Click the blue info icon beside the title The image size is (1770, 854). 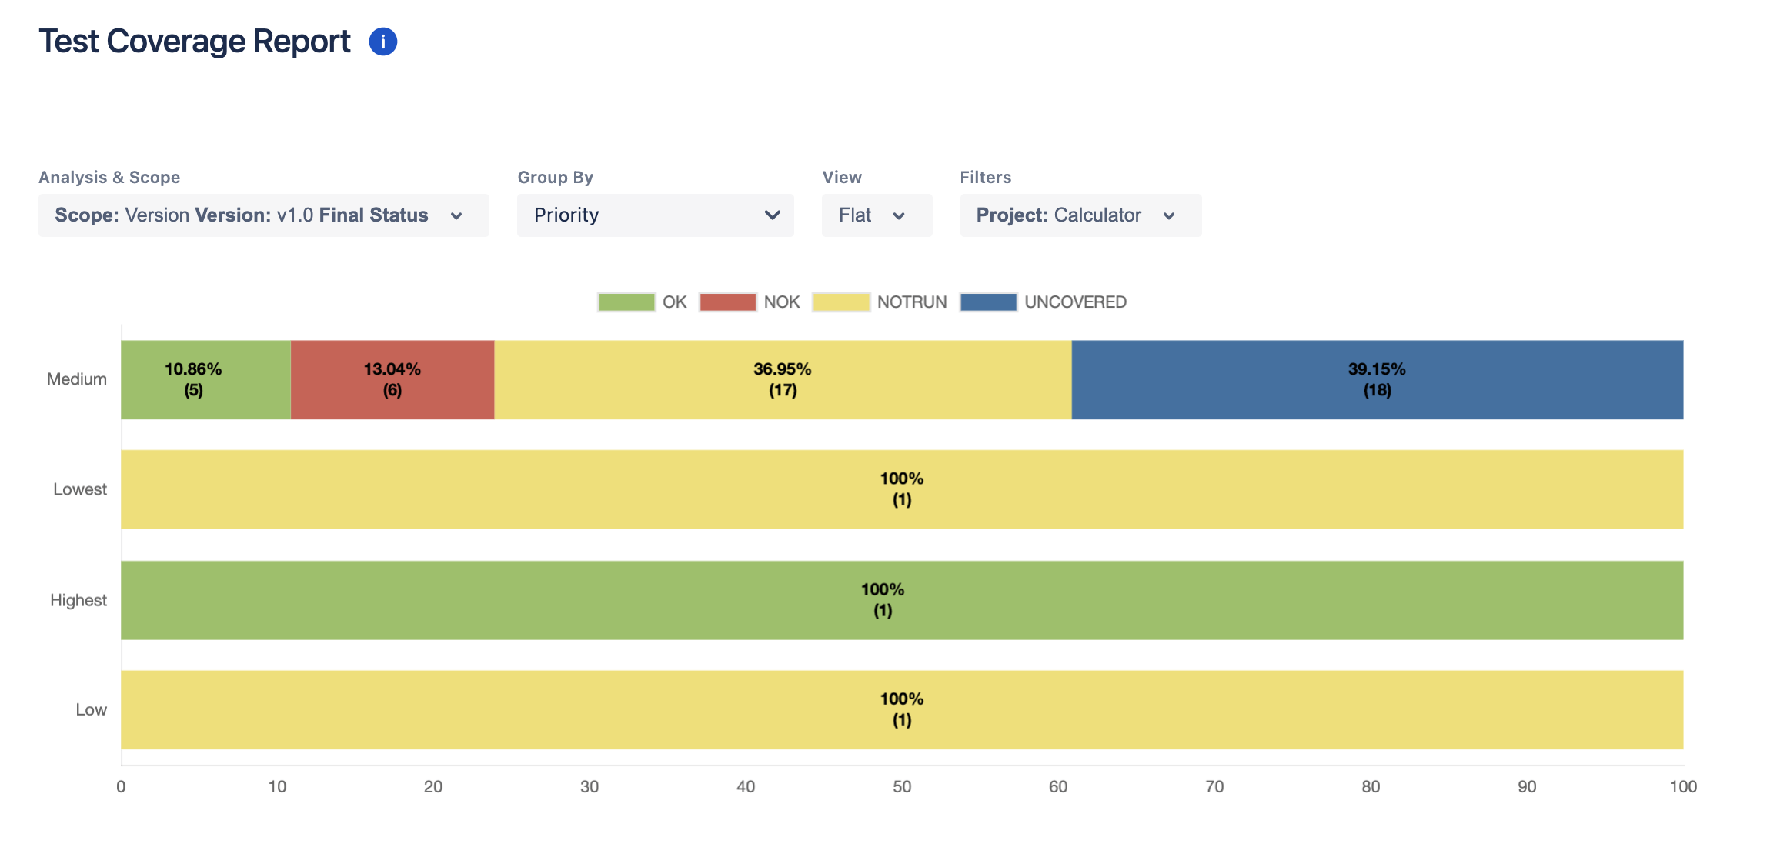pos(382,42)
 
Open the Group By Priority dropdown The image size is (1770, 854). pos(655,215)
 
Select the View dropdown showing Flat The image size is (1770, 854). pos(876,215)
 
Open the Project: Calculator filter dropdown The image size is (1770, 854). pos(1080,215)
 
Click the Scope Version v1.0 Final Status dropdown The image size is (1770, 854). pos(263,215)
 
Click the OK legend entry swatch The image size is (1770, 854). pos(626,302)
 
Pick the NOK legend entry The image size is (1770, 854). pos(728,302)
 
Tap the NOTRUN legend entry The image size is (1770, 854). pos(841,302)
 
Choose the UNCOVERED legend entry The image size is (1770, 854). pos(989,302)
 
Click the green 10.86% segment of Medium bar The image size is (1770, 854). pos(205,380)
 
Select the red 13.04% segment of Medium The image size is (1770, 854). pos(392,380)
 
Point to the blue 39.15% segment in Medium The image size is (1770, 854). pos(1377,380)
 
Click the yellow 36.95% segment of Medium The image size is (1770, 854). pos(783,380)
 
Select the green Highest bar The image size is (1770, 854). pos(901,600)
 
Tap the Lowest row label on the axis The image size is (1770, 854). pos(79,489)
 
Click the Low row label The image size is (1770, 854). pos(91,710)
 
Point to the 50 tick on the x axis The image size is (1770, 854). pos(901,787)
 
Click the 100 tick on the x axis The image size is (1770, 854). pos(1682,787)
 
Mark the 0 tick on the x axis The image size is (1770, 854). pos(121,787)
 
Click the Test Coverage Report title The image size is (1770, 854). pos(195,42)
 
